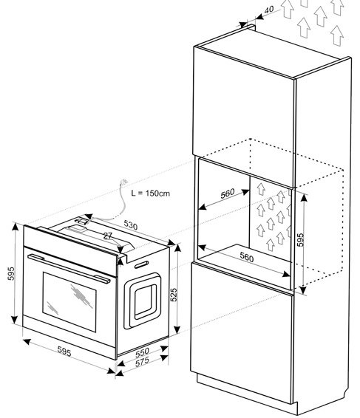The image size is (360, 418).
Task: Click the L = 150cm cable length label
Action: click(151, 193)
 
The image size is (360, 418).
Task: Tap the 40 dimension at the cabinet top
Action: click(269, 10)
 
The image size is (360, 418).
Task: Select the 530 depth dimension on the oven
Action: click(131, 225)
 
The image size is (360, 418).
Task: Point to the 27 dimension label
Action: click(108, 236)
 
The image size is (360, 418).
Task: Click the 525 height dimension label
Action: click(174, 295)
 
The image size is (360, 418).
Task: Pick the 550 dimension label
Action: click(142, 352)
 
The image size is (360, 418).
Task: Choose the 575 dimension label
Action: click(142, 363)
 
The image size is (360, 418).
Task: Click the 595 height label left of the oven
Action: click(11, 274)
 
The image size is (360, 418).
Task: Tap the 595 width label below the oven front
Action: click(64, 352)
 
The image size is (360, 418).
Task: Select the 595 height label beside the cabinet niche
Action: click(300, 240)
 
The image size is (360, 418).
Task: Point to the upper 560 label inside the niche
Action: click(228, 193)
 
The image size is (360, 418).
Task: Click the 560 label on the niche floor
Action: click(247, 257)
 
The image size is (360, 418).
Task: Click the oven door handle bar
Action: click(69, 268)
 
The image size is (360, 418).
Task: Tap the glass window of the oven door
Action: click(69, 302)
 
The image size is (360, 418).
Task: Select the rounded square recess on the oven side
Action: click(142, 301)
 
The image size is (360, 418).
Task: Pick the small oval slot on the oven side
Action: click(141, 264)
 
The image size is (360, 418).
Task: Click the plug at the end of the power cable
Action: click(124, 182)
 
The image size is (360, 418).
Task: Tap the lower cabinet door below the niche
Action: click(242, 332)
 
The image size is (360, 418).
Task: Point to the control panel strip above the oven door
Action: click(70, 250)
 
